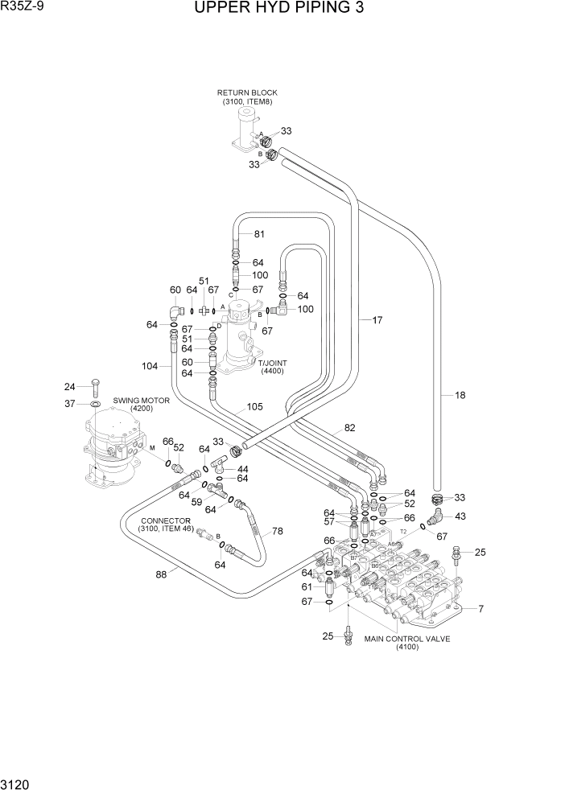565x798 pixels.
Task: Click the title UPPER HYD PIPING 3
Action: (279, 9)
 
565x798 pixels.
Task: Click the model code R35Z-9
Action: (22, 7)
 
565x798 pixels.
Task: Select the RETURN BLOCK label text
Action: (246, 93)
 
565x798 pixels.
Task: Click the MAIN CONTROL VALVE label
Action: (406, 639)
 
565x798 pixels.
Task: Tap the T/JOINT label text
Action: (273, 364)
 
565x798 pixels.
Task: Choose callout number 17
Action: (376, 320)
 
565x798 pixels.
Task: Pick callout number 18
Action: (460, 395)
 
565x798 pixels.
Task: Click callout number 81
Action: (259, 234)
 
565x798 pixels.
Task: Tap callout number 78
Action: (278, 531)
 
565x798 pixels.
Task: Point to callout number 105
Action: (254, 407)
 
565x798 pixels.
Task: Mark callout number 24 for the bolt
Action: (69, 385)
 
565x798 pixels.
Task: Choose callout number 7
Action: (480, 608)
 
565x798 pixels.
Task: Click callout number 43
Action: (460, 516)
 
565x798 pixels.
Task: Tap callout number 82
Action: (349, 428)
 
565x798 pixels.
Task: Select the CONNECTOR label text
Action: (164, 520)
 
